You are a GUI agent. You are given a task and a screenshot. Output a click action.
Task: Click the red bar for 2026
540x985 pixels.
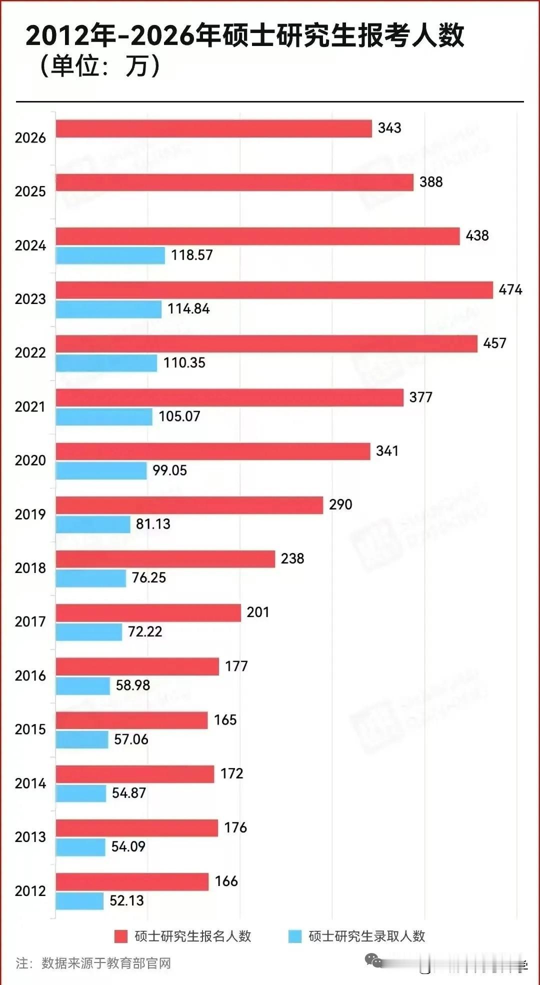[213, 128]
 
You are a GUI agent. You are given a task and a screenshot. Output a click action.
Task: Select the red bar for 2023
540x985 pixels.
[274, 290]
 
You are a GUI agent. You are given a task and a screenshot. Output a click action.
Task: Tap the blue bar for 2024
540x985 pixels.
[110, 255]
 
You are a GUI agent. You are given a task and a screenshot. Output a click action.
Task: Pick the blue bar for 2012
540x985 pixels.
[79, 901]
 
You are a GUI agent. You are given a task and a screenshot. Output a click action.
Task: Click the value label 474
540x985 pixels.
[510, 289]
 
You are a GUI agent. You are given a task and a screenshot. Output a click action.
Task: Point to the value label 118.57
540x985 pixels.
[191, 255]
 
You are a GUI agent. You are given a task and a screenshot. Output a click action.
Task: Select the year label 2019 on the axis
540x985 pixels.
[30, 514]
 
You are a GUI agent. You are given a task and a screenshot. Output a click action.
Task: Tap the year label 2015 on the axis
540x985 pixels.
[30, 729]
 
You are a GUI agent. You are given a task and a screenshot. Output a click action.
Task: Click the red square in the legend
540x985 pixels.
[120, 936]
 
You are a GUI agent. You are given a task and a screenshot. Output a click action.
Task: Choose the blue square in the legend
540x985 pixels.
[295, 936]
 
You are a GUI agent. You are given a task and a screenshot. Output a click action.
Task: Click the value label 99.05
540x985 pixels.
[169, 470]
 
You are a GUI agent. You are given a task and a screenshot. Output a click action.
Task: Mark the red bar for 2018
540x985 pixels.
[165, 559]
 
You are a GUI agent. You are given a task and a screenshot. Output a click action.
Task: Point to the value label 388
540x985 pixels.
[431, 182]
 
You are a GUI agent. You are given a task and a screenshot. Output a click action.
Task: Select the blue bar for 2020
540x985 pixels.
[101, 470]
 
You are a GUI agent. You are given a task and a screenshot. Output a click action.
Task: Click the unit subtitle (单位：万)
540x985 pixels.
[100, 65]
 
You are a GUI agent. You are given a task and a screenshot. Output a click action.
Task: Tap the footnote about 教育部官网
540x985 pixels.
[93, 963]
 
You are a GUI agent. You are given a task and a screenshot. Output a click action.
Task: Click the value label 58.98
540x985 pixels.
[132, 685]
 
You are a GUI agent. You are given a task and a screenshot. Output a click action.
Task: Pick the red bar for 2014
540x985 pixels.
[134, 774]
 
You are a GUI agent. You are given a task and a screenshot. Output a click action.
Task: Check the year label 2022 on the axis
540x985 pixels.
[30, 353]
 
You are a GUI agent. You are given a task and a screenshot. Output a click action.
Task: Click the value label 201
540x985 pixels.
[257, 612]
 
